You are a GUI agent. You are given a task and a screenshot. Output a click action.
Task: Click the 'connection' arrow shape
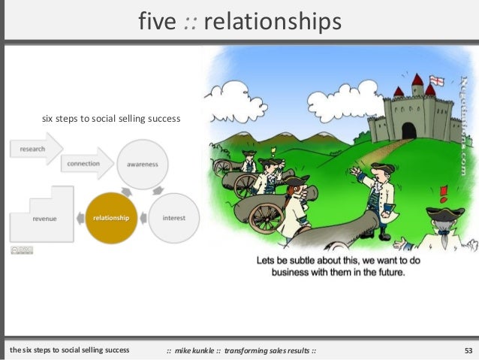coord(86,163)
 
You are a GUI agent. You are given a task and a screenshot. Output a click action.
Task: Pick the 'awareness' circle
coord(142,164)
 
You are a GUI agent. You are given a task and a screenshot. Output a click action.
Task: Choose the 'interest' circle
coord(173,218)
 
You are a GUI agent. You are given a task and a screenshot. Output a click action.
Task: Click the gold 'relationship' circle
coord(111,218)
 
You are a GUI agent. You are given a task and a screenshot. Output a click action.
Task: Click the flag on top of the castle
coord(435,80)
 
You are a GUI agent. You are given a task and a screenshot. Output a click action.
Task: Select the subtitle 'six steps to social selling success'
coord(110,118)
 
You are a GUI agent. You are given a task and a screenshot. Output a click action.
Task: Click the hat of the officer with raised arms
coord(382,167)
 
